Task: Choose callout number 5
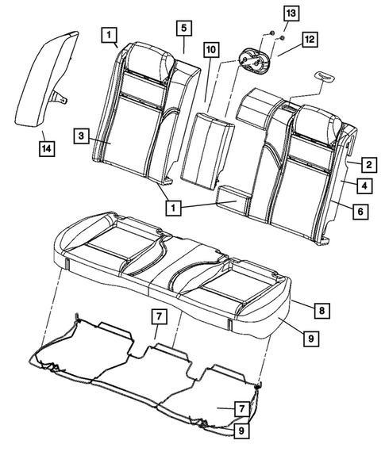pyautogui.click(x=183, y=29)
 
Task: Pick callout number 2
pyautogui.click(x=368, y=166)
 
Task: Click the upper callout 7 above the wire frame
pyautogui.click(x=159, y=317)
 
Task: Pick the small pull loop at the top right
pyautogui.click(x=325, y=75)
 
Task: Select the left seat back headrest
pyautogui.click(x=148, y=59)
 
